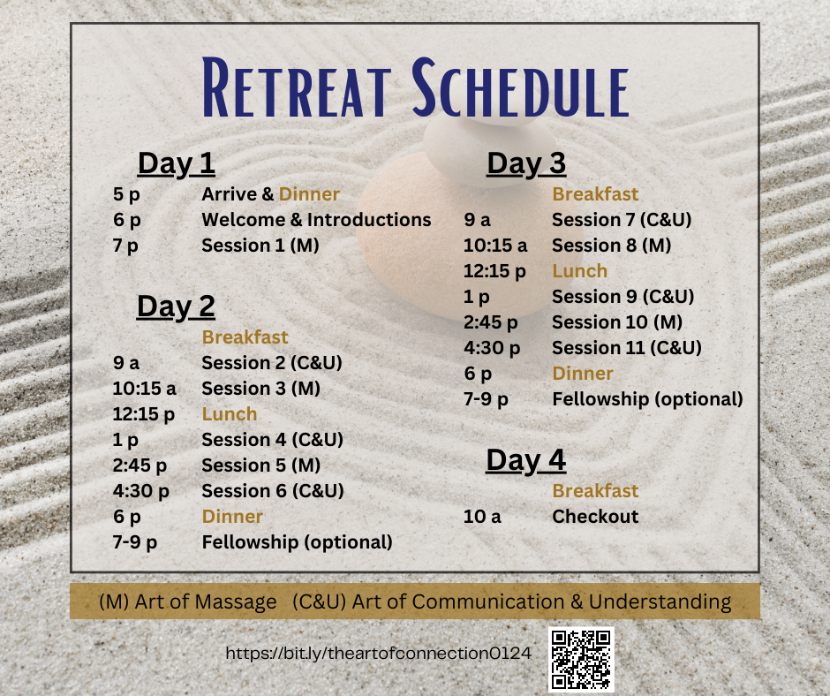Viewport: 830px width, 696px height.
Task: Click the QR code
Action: (x=581, y=660)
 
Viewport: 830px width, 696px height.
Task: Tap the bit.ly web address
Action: (x=378, y=653)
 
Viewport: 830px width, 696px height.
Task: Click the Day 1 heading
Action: (x=177, y=163)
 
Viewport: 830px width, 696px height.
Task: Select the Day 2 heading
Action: (x=177, y=306)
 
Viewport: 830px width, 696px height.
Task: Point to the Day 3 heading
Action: (x=526, y=163)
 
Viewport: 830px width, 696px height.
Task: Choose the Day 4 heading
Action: (x=526, y=460)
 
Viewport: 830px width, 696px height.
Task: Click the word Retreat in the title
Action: (x=297, y=87)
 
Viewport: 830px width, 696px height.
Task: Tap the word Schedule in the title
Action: (x=520, y=87)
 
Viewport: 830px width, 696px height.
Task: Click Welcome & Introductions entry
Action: (x=316, y=220)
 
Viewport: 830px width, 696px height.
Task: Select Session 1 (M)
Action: (x=260, y=246)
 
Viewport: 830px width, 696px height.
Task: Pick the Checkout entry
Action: (x=595, y=517)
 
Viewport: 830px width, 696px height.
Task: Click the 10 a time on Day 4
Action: (x=482, y=517)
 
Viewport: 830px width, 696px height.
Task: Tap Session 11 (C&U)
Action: (x=627, y=348)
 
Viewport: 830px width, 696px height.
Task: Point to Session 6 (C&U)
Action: (x=273, y=491)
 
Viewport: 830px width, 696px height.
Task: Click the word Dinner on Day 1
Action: (x=309, y=194)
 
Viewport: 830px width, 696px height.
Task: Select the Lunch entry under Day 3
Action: (x=579, y=271)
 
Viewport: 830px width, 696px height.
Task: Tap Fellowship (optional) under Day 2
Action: (x=297, y=542)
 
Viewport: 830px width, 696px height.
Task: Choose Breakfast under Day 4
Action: (x=595, y=491)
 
